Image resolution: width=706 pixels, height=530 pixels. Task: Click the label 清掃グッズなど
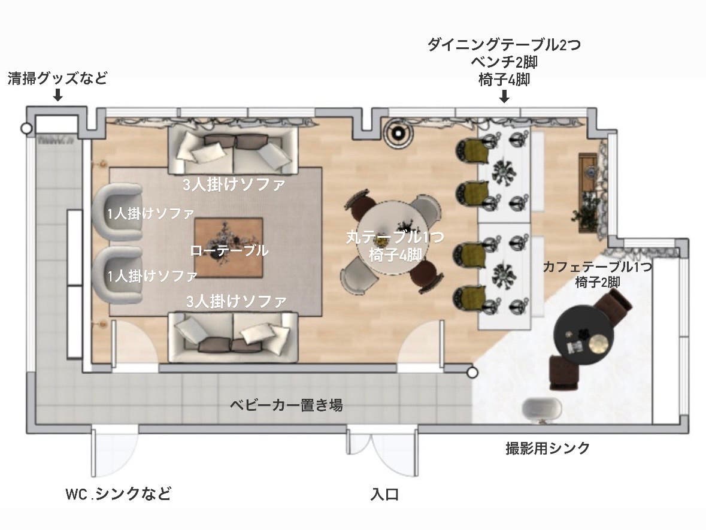pos(57,78)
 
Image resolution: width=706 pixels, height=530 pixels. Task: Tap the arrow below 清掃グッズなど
pos(58,95)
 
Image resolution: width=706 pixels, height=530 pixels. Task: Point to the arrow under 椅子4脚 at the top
pos(504,96)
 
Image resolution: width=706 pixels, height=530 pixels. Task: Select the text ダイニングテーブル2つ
pos(504,46)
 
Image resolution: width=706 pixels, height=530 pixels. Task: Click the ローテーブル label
pos(229,251)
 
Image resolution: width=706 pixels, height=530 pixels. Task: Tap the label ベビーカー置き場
pos(287,405)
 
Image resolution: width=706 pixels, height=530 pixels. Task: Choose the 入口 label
pos(384,495)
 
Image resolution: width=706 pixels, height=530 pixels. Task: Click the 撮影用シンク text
pos(548,448)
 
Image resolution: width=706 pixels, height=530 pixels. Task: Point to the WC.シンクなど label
pos(119,494)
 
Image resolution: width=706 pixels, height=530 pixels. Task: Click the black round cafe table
pos(584,335)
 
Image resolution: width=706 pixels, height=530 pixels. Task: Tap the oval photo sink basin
pos(542,410)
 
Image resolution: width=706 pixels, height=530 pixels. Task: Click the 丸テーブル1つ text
pos(395,237)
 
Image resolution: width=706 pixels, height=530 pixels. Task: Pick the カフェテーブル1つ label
pos(597,267)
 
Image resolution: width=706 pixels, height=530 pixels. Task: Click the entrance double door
pos(383,450)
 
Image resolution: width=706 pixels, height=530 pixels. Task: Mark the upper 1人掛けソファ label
pos(151,213)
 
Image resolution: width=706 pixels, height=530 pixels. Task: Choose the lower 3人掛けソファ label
pos(235,300)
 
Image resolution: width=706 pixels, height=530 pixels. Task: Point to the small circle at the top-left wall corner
pos(26,128)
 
